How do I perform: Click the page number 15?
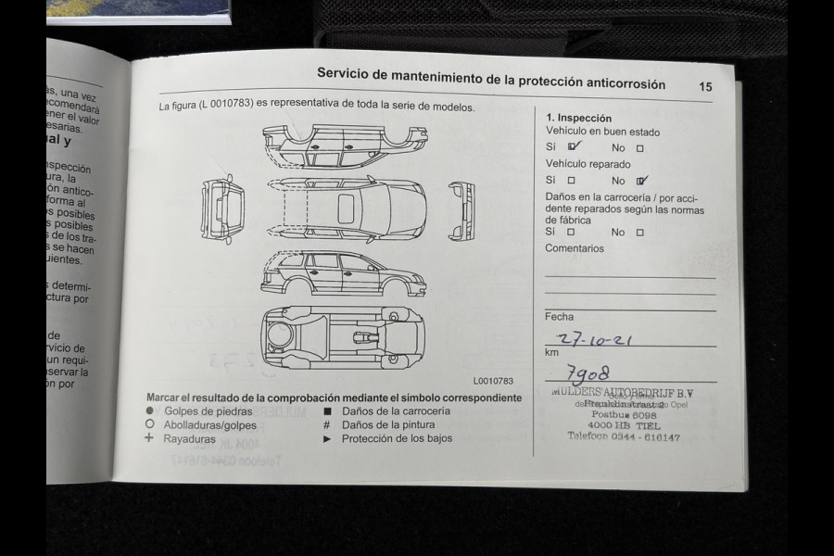705,86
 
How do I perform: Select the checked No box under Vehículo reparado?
641,181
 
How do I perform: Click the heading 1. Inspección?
578,118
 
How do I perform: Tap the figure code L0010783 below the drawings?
492,380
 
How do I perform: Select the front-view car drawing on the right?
461,209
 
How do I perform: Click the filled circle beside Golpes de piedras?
149,411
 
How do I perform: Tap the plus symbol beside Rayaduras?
149,438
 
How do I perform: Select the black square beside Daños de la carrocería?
327,411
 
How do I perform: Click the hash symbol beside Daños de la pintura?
327,424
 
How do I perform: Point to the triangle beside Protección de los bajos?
327,438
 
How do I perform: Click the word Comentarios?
574,248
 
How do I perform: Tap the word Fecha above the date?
559,316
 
